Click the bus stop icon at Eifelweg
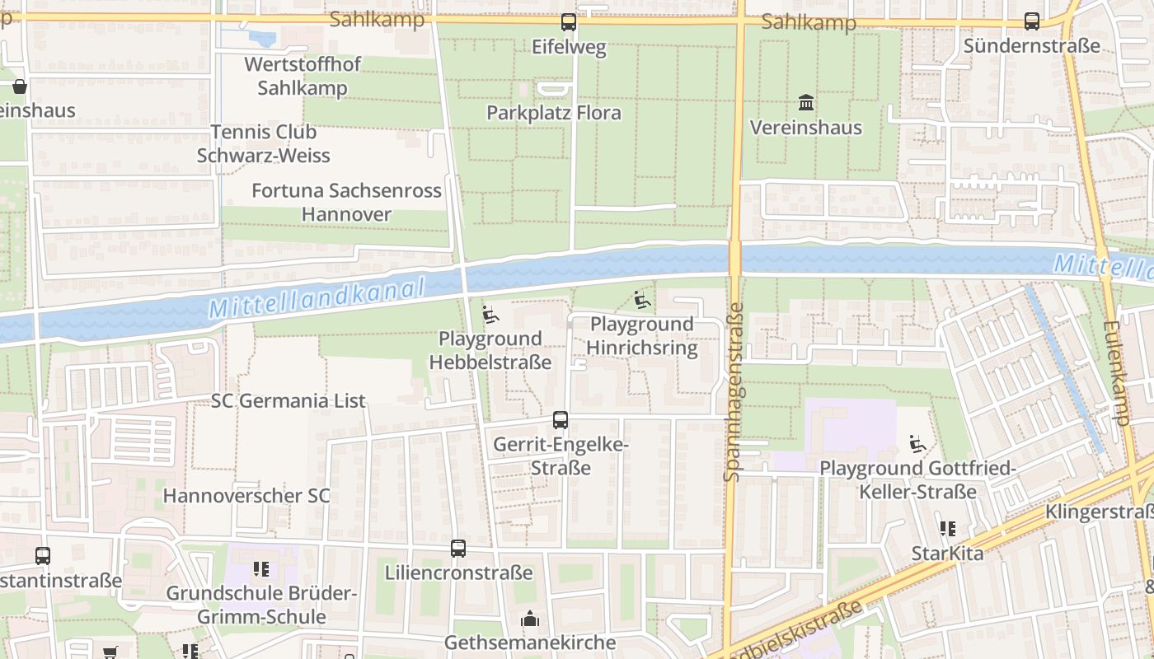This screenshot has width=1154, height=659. [x=569, y=22]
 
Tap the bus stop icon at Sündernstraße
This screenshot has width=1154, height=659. [x=1032, y=21]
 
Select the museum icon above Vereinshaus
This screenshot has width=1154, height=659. [x=806, y=103]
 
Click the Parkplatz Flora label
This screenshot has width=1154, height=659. [x=553, y=113]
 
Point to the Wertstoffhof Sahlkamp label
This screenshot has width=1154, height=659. [x=303, y=76]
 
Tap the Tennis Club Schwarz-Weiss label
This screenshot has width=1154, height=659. [x=263, y=143]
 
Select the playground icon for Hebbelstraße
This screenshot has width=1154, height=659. [x=490, y=314]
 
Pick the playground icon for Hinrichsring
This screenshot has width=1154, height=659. [x=642, y=300]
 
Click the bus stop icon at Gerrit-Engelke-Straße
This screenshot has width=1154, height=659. [x=561, y=420]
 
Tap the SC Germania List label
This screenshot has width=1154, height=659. [x=288, y=401]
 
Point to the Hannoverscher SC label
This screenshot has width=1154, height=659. [x=246, y=496]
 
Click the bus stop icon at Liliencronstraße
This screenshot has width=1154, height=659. [x=458, y=549]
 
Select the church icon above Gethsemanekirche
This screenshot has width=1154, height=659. [x=529, y=618]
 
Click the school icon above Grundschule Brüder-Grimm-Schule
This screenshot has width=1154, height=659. [x=261, y=568]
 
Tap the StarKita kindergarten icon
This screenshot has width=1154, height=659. [x=947, y=529]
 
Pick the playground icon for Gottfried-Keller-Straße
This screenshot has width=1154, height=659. [x=917, y=444]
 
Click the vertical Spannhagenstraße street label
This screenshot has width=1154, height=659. [x=733, y=391]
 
